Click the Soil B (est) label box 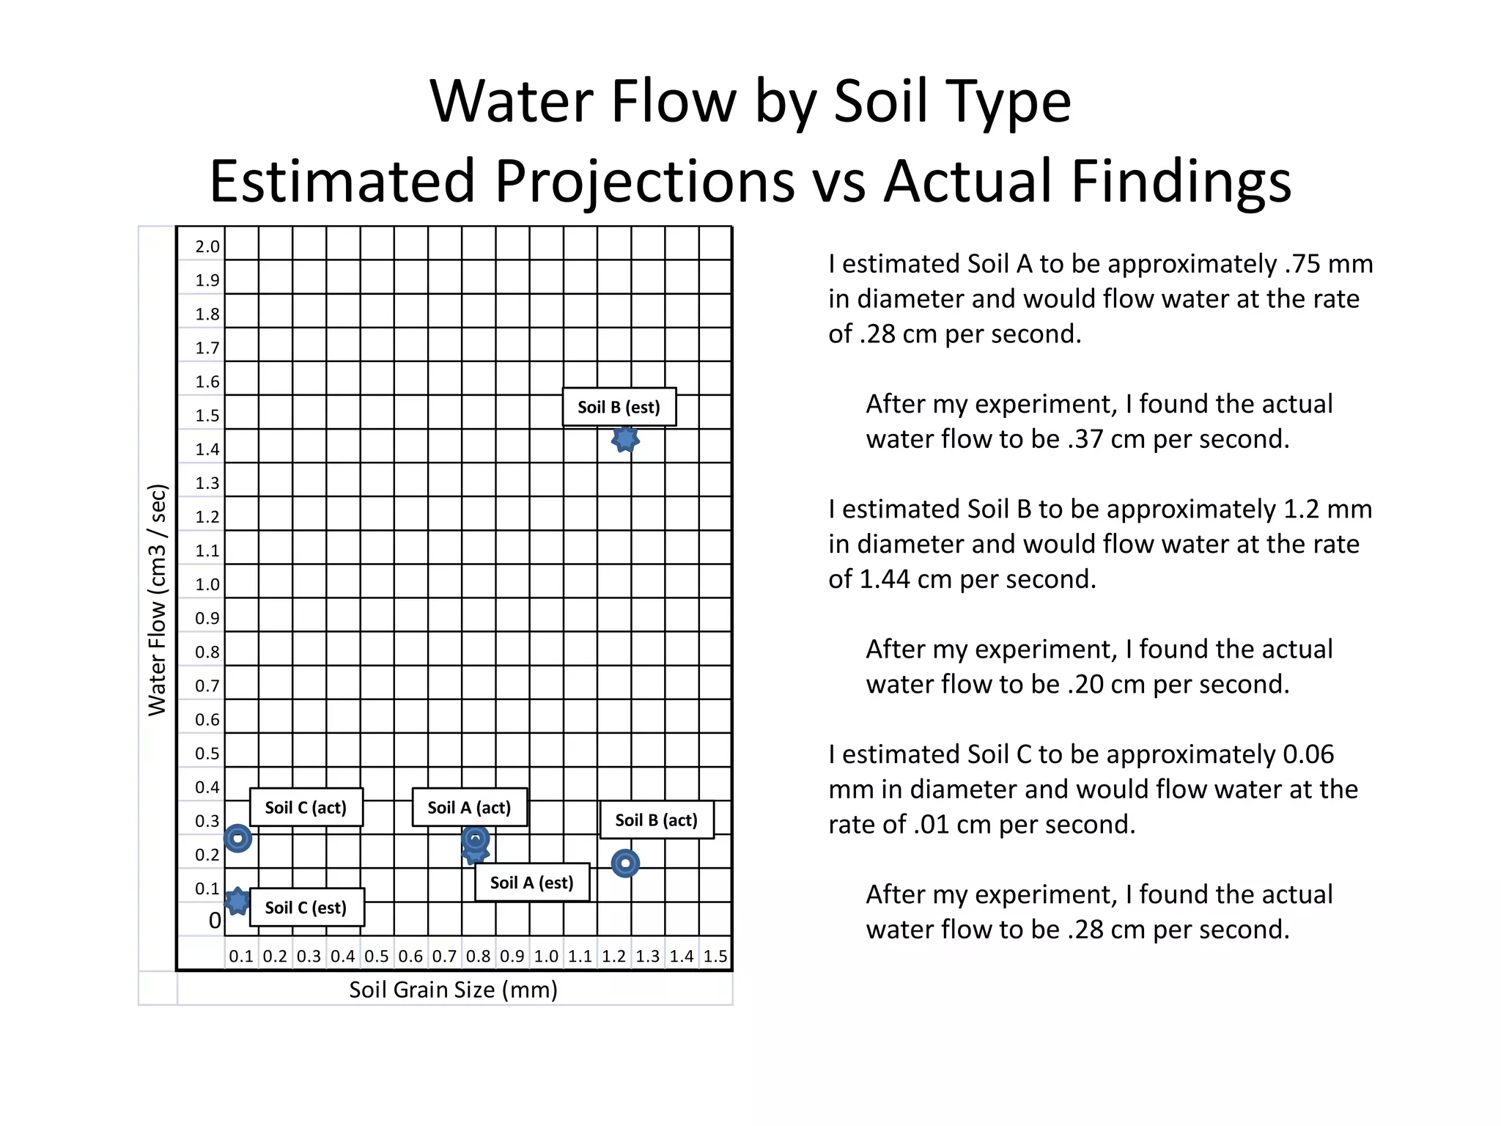(x=619, y=407)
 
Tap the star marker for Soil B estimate (x=625, y=439)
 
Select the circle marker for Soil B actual (x=625, y=864)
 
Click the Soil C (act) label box (x=306, y=807)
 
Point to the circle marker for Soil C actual (x=237, y=838)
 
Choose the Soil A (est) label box (x=531, y=883)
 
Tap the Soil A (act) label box (x=469, y=807)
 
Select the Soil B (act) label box (x=656, y=820)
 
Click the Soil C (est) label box (x=306, y=908)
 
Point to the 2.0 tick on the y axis (x=207, y=246)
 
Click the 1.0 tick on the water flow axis (x=207, y=584)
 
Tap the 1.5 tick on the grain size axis (x=715, y=956)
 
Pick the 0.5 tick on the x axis (x=377, y=956)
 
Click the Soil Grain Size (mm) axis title (x=453, y=990)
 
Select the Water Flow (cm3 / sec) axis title (x=158, y=600)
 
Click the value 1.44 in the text (x=885, y=579)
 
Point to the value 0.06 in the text (x=1308, y=754)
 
